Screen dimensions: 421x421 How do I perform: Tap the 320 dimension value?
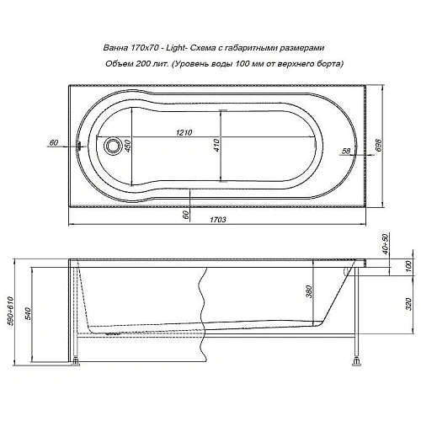point(408,305)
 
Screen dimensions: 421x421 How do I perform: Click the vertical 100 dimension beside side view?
point(408,268)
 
